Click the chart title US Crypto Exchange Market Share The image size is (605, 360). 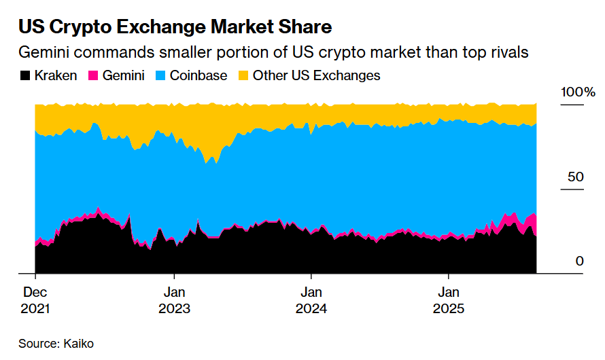tap(175, 28)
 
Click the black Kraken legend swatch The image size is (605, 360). tap(24, 75)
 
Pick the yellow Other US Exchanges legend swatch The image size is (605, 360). tap(243, 75)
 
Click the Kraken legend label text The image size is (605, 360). tap(56, 75)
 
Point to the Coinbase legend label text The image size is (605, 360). tap(198, 75)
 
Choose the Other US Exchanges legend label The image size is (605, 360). tap(316, 75)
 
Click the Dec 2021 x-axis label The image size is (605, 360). tap(35, 301)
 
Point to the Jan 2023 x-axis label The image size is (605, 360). tap(174, 301)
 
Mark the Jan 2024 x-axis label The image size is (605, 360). tap(311, 301)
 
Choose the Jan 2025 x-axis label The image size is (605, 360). tap(449, 301)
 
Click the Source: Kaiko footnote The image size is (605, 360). tap(56, 344)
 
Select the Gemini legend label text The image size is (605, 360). tap(123, 75)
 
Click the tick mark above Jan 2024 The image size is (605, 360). tap(311, 277)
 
